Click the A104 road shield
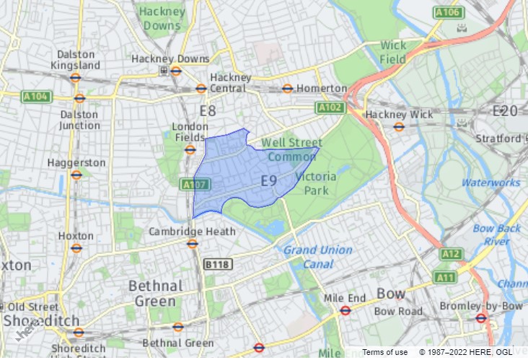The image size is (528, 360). point(38,96)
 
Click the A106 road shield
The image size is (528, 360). point(448,12)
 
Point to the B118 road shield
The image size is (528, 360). point(216,265)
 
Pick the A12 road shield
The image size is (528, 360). point(451,254)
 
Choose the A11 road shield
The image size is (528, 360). point(446,277)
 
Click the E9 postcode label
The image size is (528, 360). point(268,180)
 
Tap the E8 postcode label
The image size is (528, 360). point(208,110)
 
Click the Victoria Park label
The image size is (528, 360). point(312,183)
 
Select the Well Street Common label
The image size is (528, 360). point(291,149)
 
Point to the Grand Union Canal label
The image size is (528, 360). point(317,257)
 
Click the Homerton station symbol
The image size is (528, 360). point(287,89)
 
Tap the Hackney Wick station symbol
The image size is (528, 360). point(399,127)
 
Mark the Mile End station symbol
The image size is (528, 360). point(346,311)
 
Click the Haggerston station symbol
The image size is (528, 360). point(76,175)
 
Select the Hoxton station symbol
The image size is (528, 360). point(76,247)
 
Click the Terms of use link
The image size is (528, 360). point(384,352)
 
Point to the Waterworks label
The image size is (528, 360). point(490,183)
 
